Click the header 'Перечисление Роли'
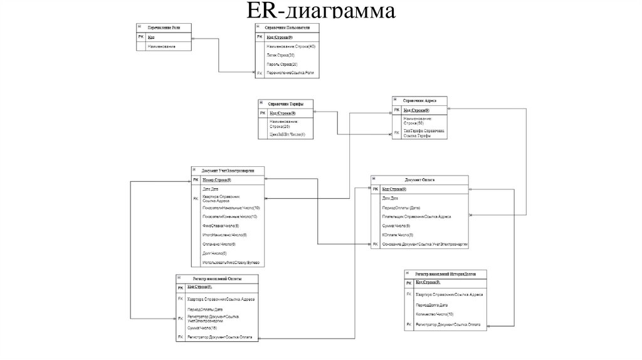(x=164, y=27)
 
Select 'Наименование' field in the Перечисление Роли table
(x=161, y=46)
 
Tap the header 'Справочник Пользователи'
(x=287, y=27)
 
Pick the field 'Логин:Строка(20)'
(x=280, y=55)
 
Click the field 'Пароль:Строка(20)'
(x=282, y=64)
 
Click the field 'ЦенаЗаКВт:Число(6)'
(x=287, y=134)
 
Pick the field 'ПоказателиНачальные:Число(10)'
(x=231, y=206)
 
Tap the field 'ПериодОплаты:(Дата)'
(x=401, y=208)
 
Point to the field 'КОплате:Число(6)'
(x=396, y=234)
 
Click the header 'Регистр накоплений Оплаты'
(x=217, y=278)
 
